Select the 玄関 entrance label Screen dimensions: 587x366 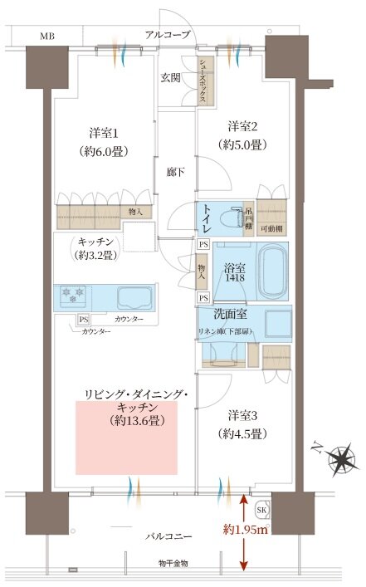pos(171,78)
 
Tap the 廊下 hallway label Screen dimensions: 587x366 pos(174,171)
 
